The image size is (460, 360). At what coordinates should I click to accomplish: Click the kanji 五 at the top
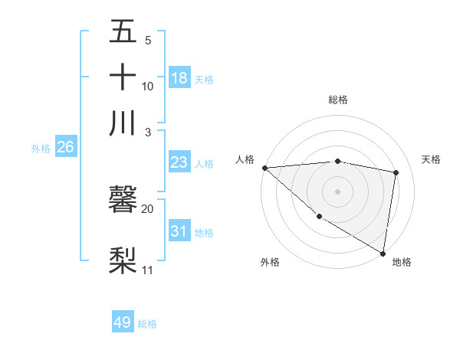coord(123,32)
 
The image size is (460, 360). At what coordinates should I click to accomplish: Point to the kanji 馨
coord(123,201)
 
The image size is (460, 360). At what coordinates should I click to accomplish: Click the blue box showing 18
coord(179,77)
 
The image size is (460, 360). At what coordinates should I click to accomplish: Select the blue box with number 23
coord(179,162)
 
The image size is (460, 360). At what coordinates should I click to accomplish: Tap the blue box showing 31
coord(179,231)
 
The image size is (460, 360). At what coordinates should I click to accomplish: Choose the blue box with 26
coord(65,148)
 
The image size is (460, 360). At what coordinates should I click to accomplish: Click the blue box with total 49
coord(123,322)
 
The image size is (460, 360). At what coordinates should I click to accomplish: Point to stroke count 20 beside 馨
coord(147,208)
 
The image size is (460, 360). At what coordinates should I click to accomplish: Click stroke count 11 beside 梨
coord(147,270)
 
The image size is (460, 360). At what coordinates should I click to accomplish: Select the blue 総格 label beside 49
coord(147,324)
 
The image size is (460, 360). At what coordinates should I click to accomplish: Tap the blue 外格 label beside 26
coord(41,149)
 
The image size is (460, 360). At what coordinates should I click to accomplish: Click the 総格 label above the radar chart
coord(338,100)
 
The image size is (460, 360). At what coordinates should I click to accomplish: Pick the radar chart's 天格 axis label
coord(431,159)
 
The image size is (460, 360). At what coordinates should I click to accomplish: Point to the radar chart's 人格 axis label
coord(245,159)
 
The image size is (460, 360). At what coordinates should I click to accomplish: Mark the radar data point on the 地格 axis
coord(383,252)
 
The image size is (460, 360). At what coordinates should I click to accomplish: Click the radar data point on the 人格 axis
coord(264,168)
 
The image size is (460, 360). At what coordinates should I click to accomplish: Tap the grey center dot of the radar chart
coord(338,191)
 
